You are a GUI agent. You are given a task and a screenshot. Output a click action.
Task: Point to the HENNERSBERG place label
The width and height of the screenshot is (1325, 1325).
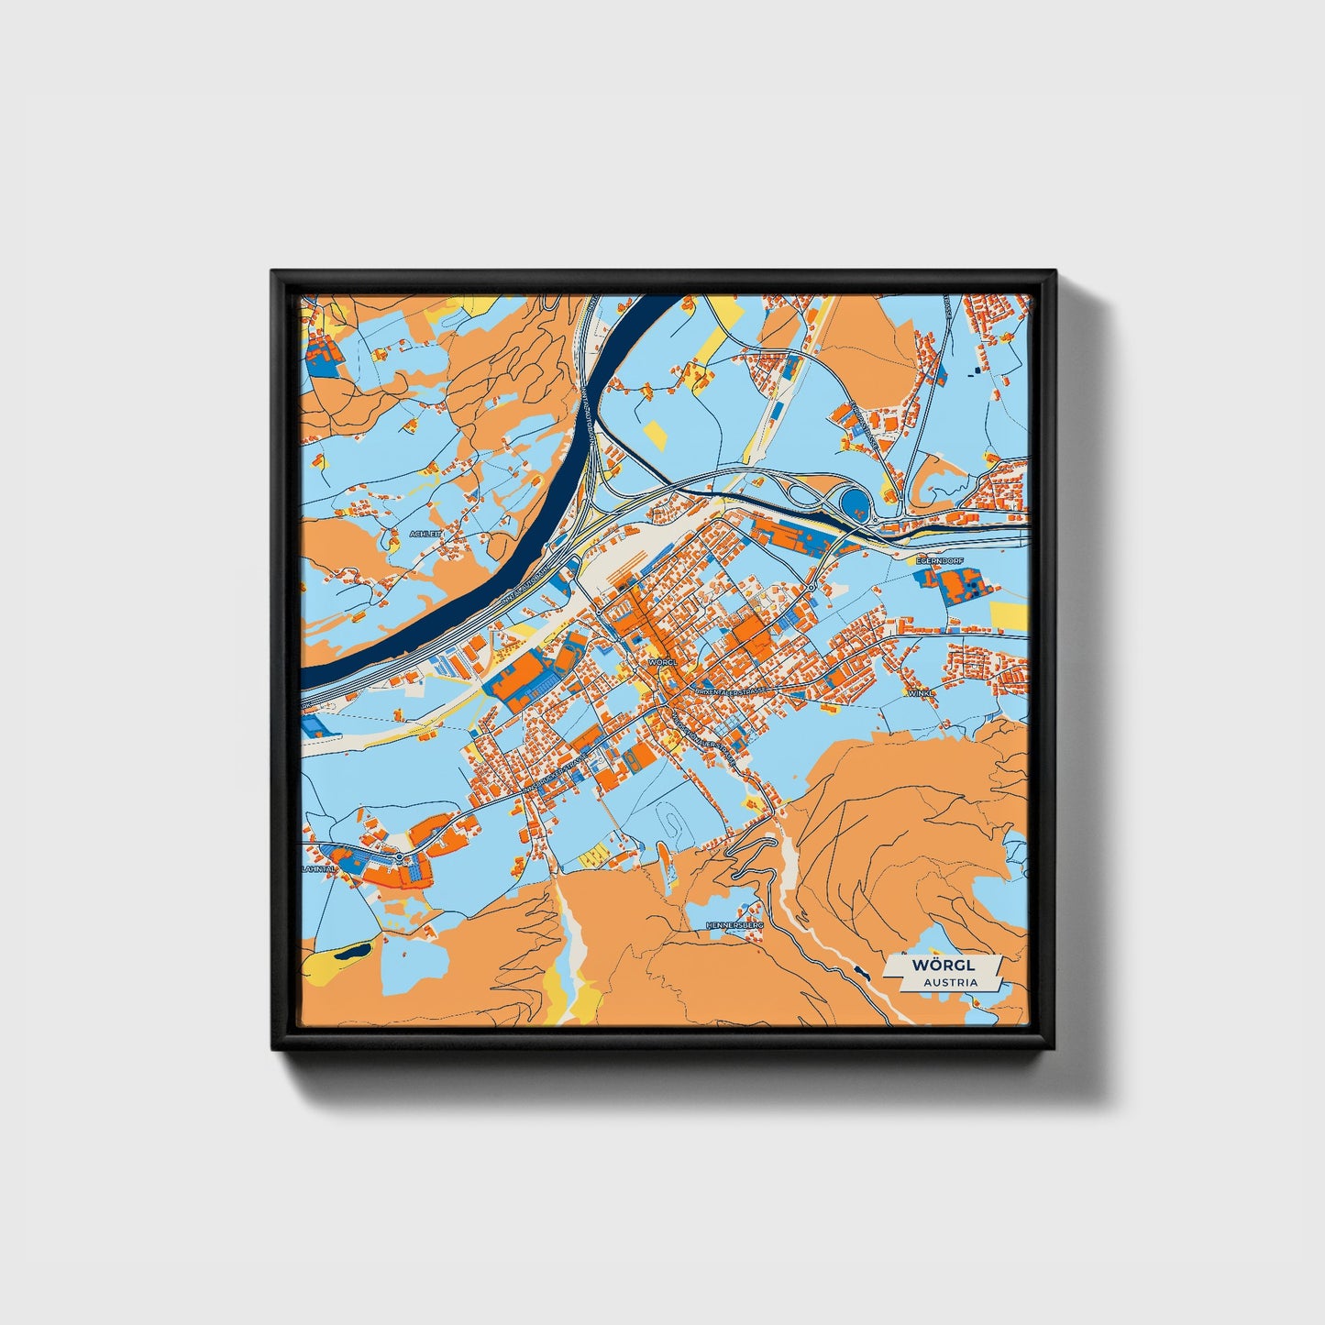coord(734,926)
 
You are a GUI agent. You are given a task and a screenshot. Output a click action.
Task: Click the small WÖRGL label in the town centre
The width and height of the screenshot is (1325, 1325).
coord(660,660)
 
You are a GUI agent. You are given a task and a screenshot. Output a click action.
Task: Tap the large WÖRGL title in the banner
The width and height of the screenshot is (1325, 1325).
coord(944,966)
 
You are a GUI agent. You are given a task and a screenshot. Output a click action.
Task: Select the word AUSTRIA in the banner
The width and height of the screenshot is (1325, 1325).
coord(950,982)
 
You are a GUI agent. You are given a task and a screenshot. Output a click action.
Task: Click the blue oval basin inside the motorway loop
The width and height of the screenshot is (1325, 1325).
coord(855,501)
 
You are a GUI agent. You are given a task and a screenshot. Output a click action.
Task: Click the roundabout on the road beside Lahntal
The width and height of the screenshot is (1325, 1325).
coord(401,856)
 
